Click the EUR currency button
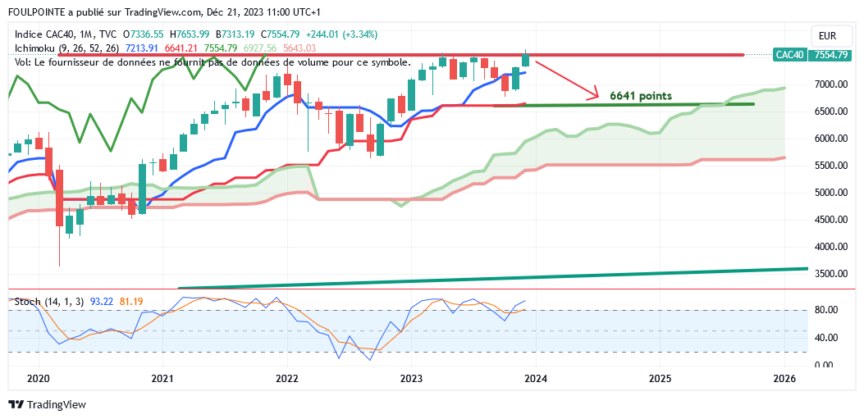click(x=827, y=35)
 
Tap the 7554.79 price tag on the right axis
click(x=830, y=55)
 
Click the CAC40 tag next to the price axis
click(x=789, y=55)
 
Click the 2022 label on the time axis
click(x=287, y=378)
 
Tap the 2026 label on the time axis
click(x=784, y=378)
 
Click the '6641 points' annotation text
click(x=641, y=96)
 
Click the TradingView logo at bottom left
click(x=47, y=405)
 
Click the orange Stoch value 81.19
click(x=131, y=302)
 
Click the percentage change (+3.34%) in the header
click(x=354, y=34)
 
